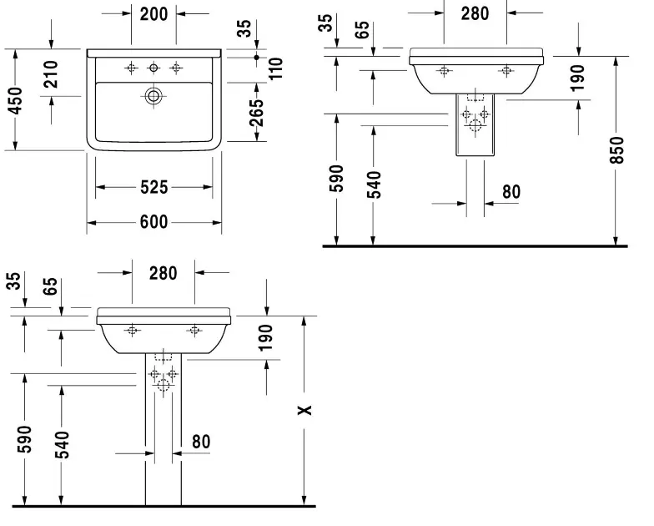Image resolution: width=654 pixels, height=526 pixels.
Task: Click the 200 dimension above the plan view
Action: click(153, 13)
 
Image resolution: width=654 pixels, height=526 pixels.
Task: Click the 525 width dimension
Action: click(153, 187)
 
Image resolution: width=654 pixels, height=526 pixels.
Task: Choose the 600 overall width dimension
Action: click(153, 221)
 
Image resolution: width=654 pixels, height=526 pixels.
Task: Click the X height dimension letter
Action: click(305, 410)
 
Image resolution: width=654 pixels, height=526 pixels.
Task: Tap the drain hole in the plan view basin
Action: click(153, 96)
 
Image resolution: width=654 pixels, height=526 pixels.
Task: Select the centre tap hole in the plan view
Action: click(153, 67)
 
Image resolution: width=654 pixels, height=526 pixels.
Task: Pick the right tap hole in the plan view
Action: click(175, 67)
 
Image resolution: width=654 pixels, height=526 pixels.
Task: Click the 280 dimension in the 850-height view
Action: click(475, 13)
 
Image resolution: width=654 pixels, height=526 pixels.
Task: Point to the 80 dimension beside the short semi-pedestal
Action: click(511, 192)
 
